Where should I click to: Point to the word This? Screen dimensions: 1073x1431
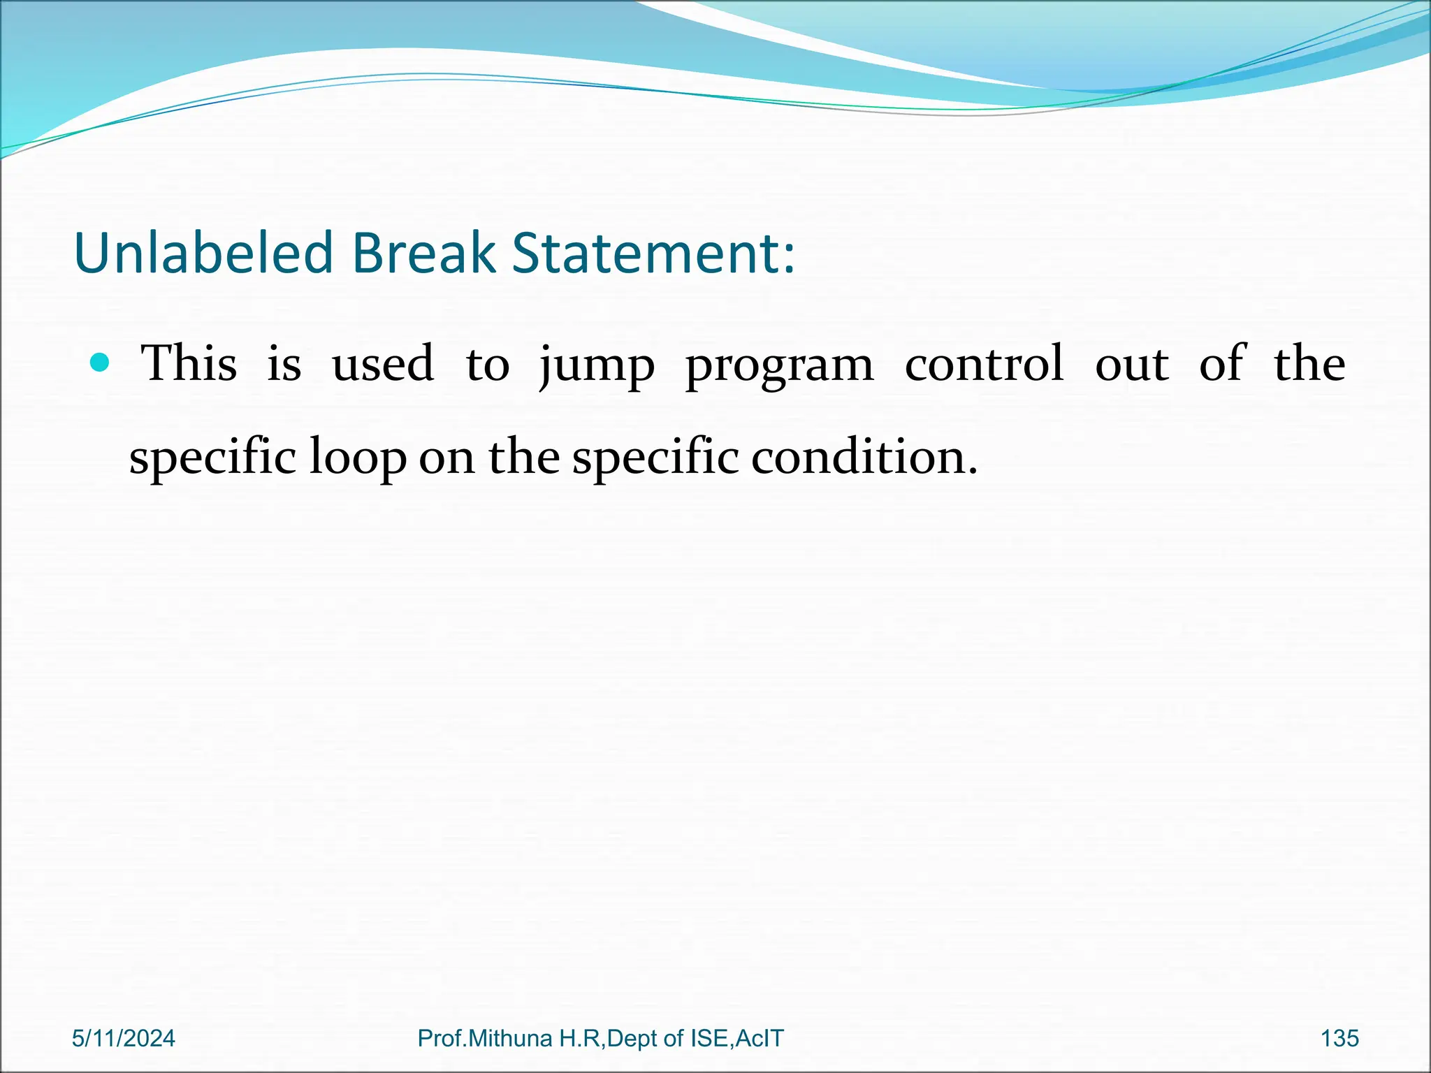(x=189, y=363)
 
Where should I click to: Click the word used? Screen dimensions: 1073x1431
(x=382, y=363)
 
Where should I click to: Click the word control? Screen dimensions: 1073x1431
(x=984, y=363)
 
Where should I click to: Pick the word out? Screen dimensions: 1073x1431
(x=1131, y=364)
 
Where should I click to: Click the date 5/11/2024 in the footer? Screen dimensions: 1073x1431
(x=124, y=1039)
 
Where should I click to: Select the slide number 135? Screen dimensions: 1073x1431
(x=1339, y=1039)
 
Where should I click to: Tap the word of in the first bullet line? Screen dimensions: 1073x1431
(x=1221, y=363)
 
